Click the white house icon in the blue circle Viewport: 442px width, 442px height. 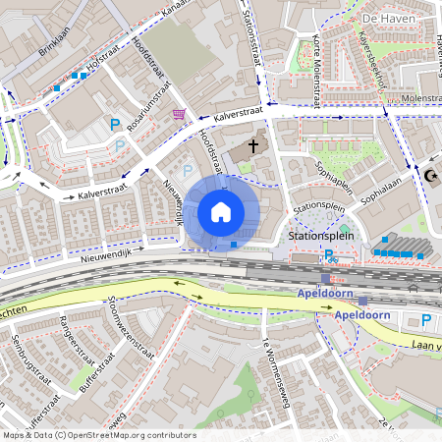coord(221,212)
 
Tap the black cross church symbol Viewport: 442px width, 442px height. coord(253,146)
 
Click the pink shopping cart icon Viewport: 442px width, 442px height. coord(179,115)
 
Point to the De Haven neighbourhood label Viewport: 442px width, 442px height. coord(386,20)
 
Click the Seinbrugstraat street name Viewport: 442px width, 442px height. coord(27,359)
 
